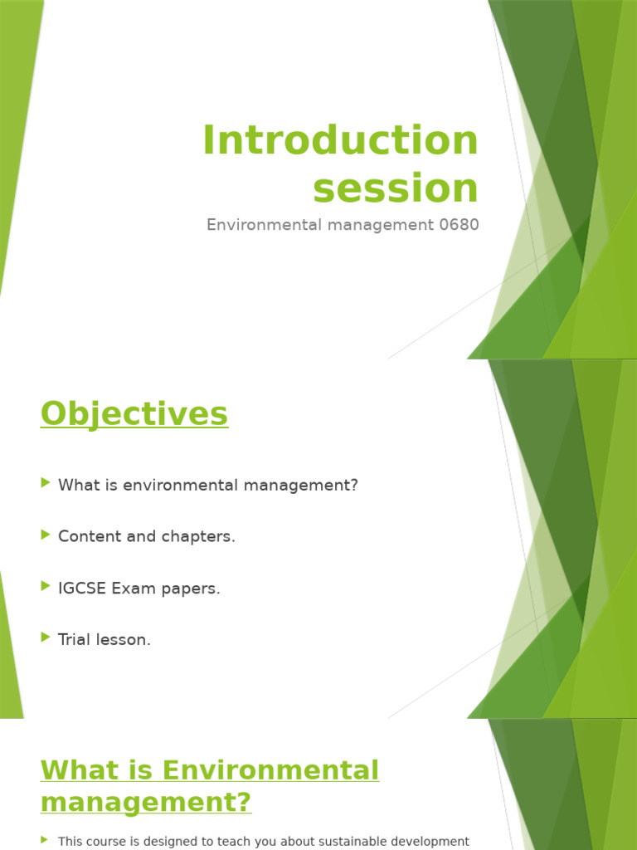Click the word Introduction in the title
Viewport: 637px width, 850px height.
(340, 140)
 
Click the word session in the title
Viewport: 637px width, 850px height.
(396, 188)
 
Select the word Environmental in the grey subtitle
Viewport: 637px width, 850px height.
(257, 225)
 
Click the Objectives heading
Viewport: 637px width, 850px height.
(134, 413)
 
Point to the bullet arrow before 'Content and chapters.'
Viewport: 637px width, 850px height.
(46, 535)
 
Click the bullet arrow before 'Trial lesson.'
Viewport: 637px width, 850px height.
(46, 638)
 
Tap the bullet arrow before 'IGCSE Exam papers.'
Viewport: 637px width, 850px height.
(46, 587)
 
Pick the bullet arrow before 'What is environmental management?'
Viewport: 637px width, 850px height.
(46, 484)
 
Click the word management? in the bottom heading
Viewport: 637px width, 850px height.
(146, 803)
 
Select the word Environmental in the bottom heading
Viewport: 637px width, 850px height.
(270, 770)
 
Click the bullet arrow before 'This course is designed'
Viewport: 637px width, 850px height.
(45, 841)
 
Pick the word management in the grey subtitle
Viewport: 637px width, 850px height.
(374, 225)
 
